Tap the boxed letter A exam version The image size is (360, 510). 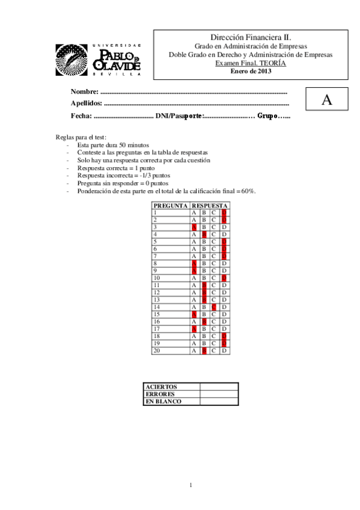click(326, 100)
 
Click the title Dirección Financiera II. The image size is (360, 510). click(251, 37)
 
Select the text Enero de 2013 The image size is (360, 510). click(251, 71)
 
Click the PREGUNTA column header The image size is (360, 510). click(169, 206)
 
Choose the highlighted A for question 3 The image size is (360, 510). click(194, 227)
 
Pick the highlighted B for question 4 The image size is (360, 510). click(204, 234)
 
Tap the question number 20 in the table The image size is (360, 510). click(157, 350)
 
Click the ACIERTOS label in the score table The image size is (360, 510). click(162, 387)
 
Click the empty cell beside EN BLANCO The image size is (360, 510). click(219, 401)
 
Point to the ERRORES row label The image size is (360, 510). click(160, 394)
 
